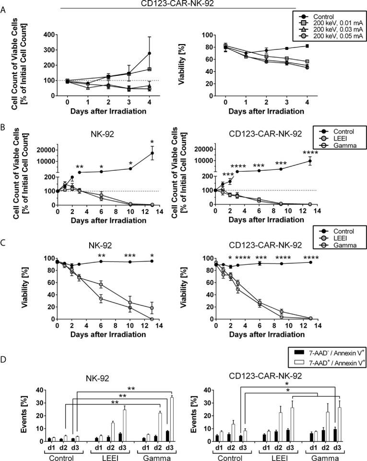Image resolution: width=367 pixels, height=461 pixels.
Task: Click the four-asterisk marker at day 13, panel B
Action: [x=309, y=153]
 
